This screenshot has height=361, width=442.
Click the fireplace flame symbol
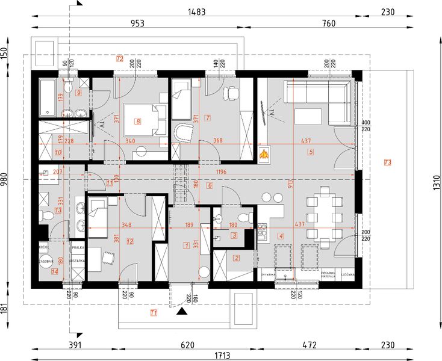263,155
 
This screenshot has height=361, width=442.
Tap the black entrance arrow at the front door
180,312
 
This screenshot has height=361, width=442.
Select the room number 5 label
311,152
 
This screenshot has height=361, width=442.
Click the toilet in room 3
244,217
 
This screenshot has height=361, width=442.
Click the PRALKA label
77,247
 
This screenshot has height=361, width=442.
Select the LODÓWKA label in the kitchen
347,274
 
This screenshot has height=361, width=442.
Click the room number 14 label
55,271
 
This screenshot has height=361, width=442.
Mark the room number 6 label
210,186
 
